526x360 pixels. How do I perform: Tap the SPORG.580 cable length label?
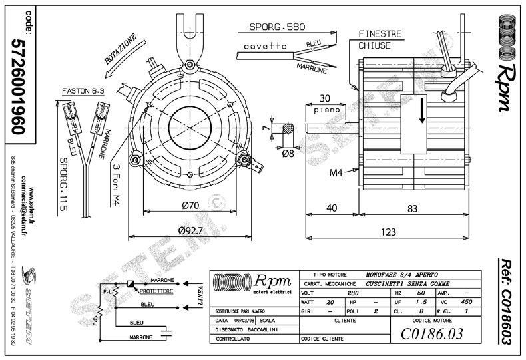pos(277,27)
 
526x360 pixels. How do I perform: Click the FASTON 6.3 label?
pos(82,90)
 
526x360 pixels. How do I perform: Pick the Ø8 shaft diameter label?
pos(288,154)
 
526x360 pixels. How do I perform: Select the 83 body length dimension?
pos(413,208)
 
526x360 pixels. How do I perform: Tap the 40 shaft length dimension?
pos(332,208)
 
